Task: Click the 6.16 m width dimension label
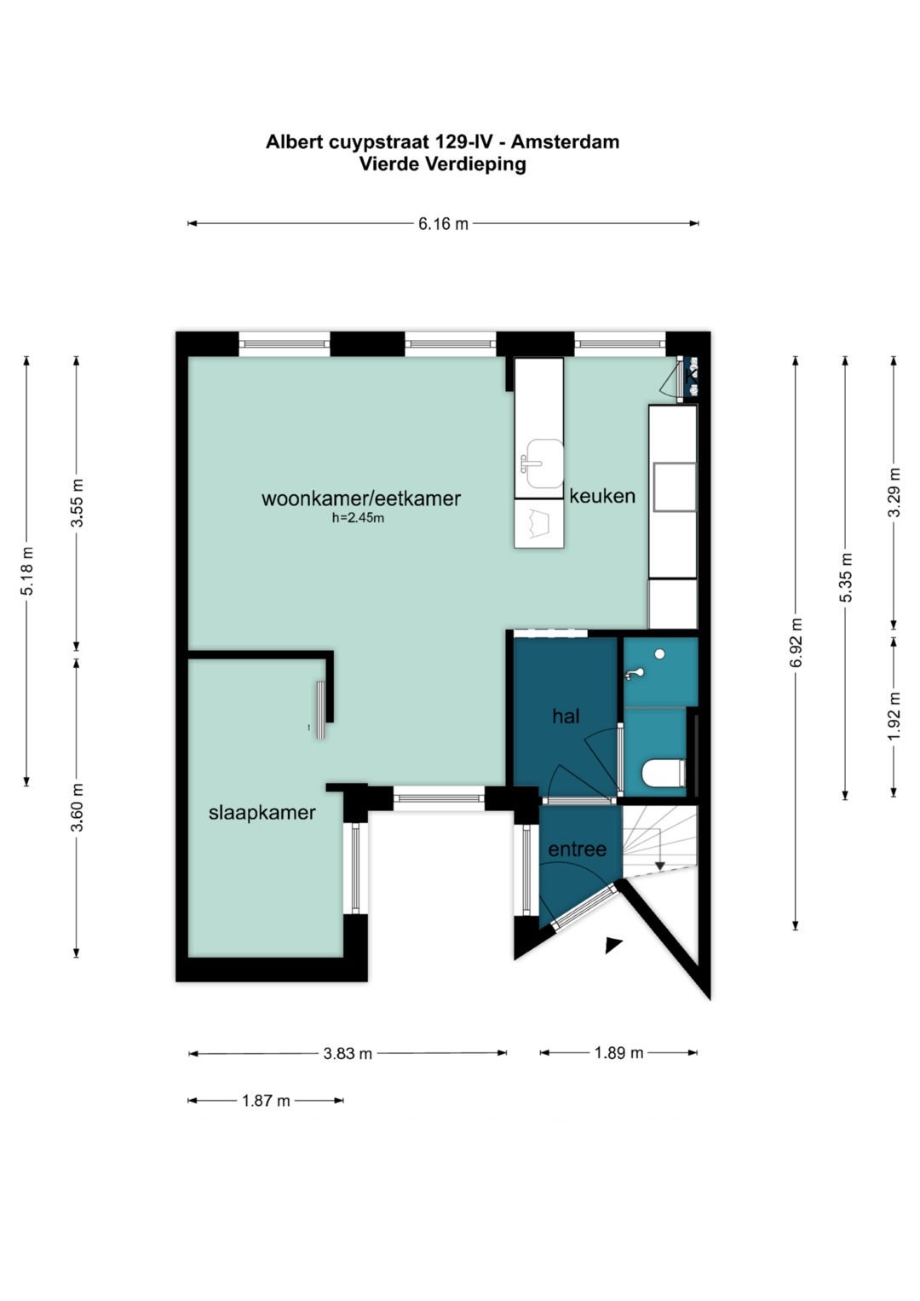[x=443, y=223]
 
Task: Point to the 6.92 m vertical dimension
[x=796, y=642]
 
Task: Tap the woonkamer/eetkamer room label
[x=360, y=498]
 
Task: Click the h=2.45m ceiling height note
[x=358, y=518]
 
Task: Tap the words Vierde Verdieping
[x=443, y=164]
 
